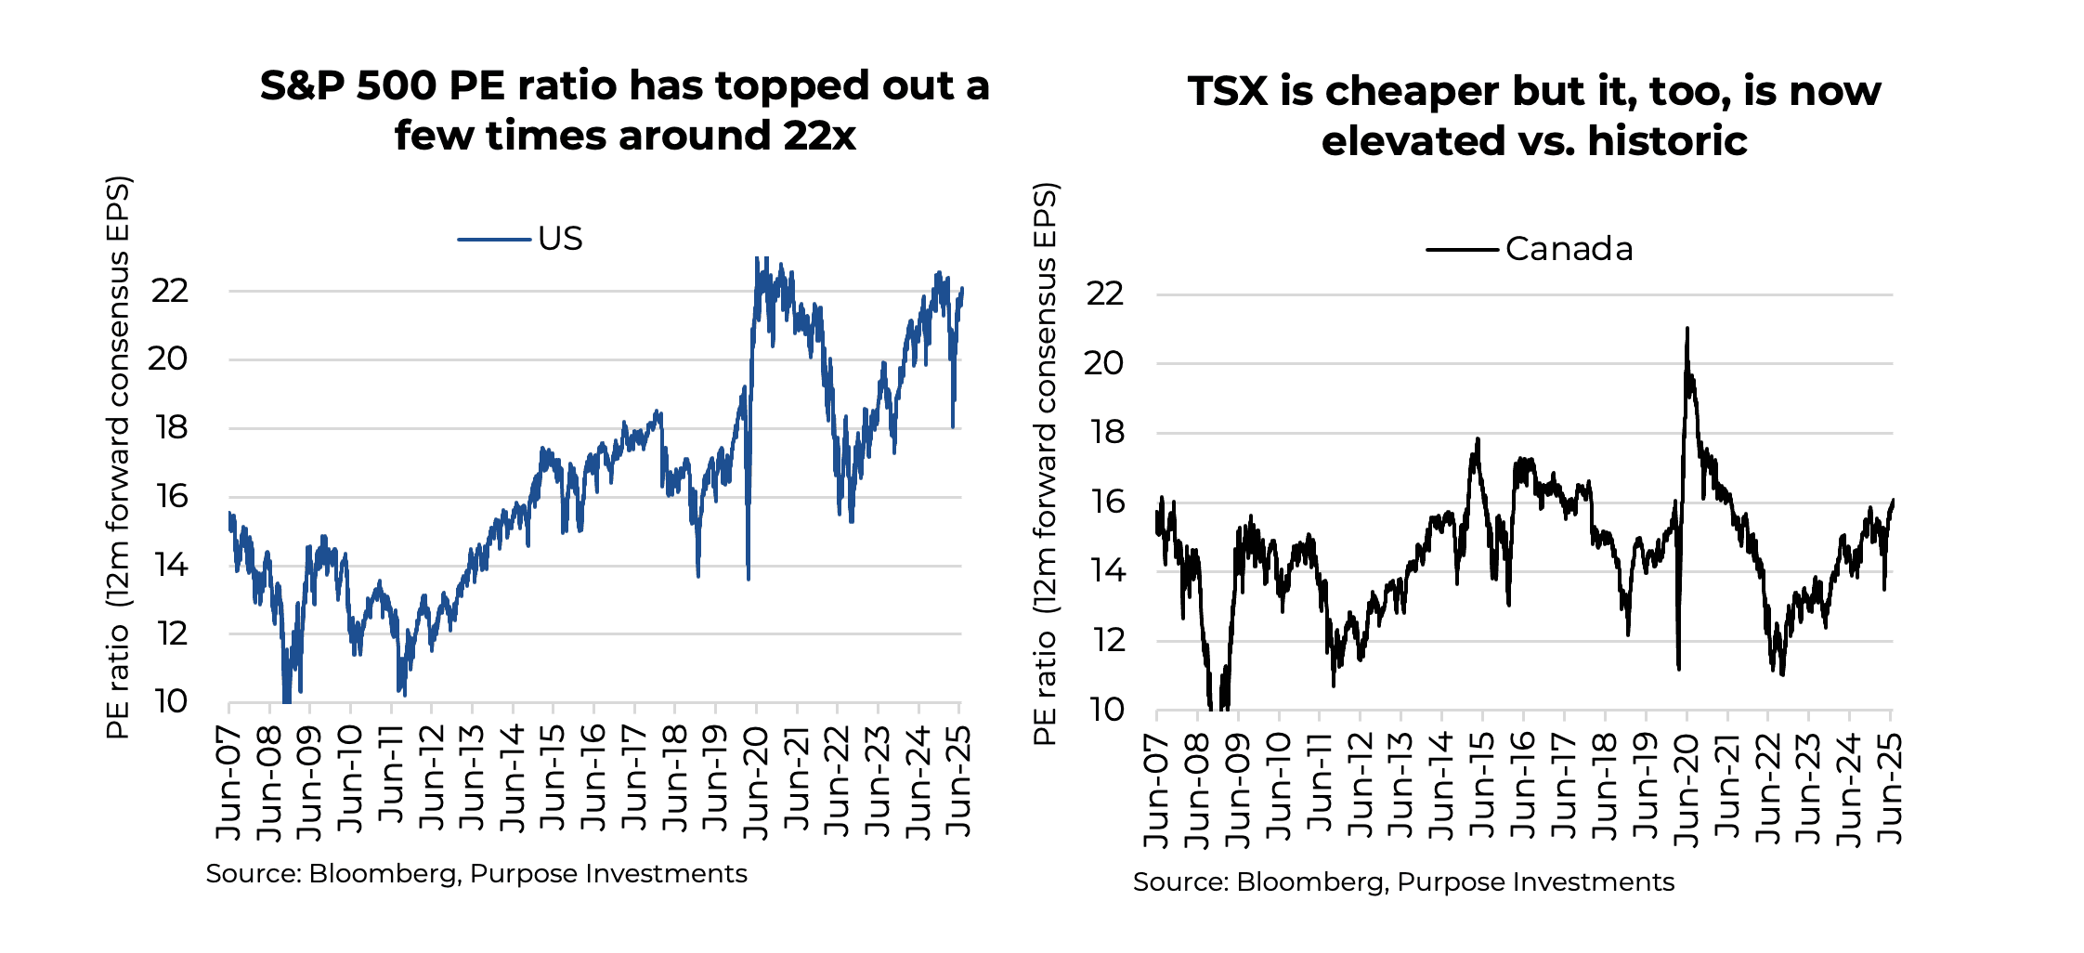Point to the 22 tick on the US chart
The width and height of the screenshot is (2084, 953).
coord(170,291)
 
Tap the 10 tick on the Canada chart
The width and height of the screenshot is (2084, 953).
coord(1105,710)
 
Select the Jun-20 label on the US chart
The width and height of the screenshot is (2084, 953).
coord(757,782)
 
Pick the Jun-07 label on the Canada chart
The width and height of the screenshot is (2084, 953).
coord(1157,790)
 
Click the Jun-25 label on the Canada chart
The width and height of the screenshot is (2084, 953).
coord(1890,790)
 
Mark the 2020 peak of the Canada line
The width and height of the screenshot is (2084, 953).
coord(1687,329)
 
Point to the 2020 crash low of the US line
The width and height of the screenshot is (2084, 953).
coord(748,579)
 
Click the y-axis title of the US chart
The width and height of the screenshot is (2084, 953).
coord(118,457)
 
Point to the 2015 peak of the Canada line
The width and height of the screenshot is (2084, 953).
coord(1478,439)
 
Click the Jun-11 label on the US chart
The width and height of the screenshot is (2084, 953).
coord(392,776)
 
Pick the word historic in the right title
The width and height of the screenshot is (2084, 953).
coord(1667,141)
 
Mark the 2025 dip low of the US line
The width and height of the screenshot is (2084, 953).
coord(953,426)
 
